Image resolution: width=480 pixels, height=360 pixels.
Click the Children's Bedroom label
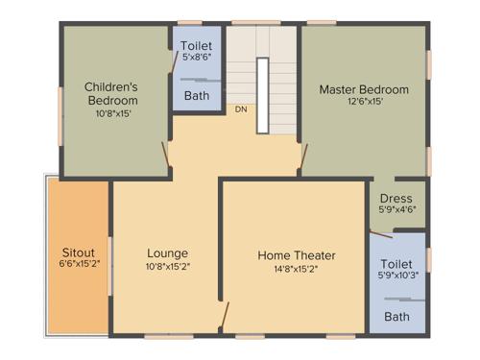click(x=112, y=92)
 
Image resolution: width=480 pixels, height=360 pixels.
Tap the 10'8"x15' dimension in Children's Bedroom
click(x=112, y=113)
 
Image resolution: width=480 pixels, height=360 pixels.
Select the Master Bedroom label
click(x=364, y=90)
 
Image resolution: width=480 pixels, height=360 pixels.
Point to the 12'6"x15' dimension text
click(x=364, y=102)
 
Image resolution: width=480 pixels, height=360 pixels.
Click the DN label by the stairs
click(x=241, y=109)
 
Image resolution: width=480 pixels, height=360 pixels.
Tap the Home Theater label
click(x=297, y=255)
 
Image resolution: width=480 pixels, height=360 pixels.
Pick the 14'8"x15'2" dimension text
click(x=297, y=269)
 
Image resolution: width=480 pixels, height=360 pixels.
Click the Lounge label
click(x=167, y=253)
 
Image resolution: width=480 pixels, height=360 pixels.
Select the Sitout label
click(x=79, y=252)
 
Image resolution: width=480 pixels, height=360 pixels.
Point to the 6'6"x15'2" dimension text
click(x=79, y=264)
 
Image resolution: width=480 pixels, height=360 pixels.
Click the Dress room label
click(x=396, y=199)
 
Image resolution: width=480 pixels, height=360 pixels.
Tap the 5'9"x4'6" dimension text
click(x=396, y=209)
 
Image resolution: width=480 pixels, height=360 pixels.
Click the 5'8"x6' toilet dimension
click(x=197, y=58)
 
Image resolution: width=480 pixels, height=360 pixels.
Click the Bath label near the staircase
click(x=197, y=95)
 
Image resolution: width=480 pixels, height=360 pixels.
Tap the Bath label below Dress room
click(x=396, y=316)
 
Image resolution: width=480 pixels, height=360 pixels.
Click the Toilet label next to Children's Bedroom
click(x=197, y=45)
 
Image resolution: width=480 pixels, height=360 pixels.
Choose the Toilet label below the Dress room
click(x=396, y=263)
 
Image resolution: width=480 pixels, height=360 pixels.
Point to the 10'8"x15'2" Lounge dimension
click(x=167, y=266)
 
